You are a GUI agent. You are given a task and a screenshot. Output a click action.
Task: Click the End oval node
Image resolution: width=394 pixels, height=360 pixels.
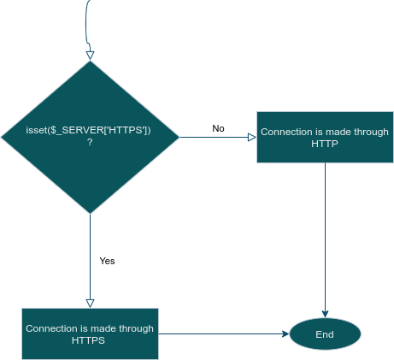click(x=325, y=333)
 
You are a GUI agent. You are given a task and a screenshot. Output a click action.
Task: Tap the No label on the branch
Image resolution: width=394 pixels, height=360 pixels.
click(x=218, y=128)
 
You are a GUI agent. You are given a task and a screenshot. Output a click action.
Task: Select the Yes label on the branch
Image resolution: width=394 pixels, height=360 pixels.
click(x=107, y=261)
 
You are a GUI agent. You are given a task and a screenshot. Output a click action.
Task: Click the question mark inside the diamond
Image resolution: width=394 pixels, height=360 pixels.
click(x=90, y=142)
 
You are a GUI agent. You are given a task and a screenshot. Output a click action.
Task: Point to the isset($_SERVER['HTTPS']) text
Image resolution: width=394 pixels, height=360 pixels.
click(x=88, y=130)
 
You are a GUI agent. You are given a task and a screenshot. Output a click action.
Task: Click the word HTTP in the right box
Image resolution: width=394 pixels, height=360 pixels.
click(x=325, y=144)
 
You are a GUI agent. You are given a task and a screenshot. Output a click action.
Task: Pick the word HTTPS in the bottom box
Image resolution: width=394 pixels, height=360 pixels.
click(x=88, y=340)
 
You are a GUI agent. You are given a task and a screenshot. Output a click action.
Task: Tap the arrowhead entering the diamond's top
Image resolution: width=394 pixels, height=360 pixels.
click(x=90, y=56)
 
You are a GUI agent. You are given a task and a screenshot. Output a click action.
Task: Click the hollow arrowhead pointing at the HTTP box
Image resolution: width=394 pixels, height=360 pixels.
click(x=252, y=138)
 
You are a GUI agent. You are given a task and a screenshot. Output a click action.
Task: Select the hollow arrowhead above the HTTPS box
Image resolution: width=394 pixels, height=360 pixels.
click(x=90, y=304)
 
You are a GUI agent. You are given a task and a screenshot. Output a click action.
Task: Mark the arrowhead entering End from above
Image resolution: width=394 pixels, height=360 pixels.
click(x=325, y=314)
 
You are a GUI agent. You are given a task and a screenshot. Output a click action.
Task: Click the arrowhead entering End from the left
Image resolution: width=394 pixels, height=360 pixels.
click(x=285, y=333)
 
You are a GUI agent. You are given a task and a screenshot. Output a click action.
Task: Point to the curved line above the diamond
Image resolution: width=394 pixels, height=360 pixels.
click(x=86, y=26)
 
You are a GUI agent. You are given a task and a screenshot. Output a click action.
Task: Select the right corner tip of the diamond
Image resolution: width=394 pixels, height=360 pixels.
click(x=179, y=137)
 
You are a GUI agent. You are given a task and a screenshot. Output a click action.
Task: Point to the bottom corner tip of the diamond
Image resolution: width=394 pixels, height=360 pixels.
click(x=90, y=214)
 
